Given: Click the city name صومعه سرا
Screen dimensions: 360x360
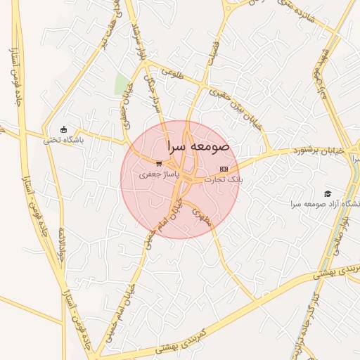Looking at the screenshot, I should [x=199, y=147].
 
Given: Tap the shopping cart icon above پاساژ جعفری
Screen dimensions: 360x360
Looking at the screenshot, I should [x=160, y=163].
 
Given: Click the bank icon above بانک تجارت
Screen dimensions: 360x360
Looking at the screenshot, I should [x=224, y=169].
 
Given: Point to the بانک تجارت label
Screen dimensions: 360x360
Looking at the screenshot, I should [x=224, y=179].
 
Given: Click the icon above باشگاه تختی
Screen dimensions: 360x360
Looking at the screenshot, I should [x=64, y=129].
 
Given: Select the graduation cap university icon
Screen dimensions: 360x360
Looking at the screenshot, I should [x=327, y=193].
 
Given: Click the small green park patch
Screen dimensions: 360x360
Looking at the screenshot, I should [x=122, y=84].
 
